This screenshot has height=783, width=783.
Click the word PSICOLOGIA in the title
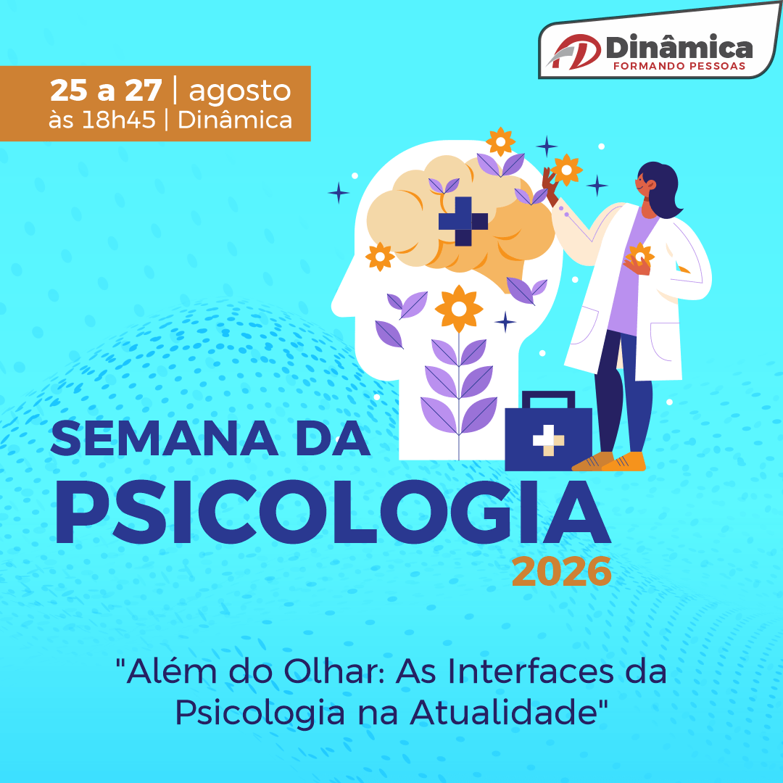(333, 512)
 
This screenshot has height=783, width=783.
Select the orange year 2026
(562, 572)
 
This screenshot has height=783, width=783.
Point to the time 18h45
(119, 120)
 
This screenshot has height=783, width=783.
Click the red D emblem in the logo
(574, 51)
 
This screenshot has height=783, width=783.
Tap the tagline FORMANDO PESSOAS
(679, 66)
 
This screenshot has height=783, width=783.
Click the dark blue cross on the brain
(463, 221)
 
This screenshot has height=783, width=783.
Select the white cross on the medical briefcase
(548, 440)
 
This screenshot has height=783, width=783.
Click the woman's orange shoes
(609, 461)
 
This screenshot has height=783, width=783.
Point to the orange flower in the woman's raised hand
(566, 170)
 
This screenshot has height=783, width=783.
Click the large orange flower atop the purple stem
(459, 309)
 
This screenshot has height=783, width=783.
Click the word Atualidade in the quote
(504, 713)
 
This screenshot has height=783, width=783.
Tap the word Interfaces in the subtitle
(530, 671)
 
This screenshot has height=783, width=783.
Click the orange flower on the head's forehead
(380, 257)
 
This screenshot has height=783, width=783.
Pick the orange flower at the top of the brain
(500, 142)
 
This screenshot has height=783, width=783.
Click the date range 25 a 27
(106, 91)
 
